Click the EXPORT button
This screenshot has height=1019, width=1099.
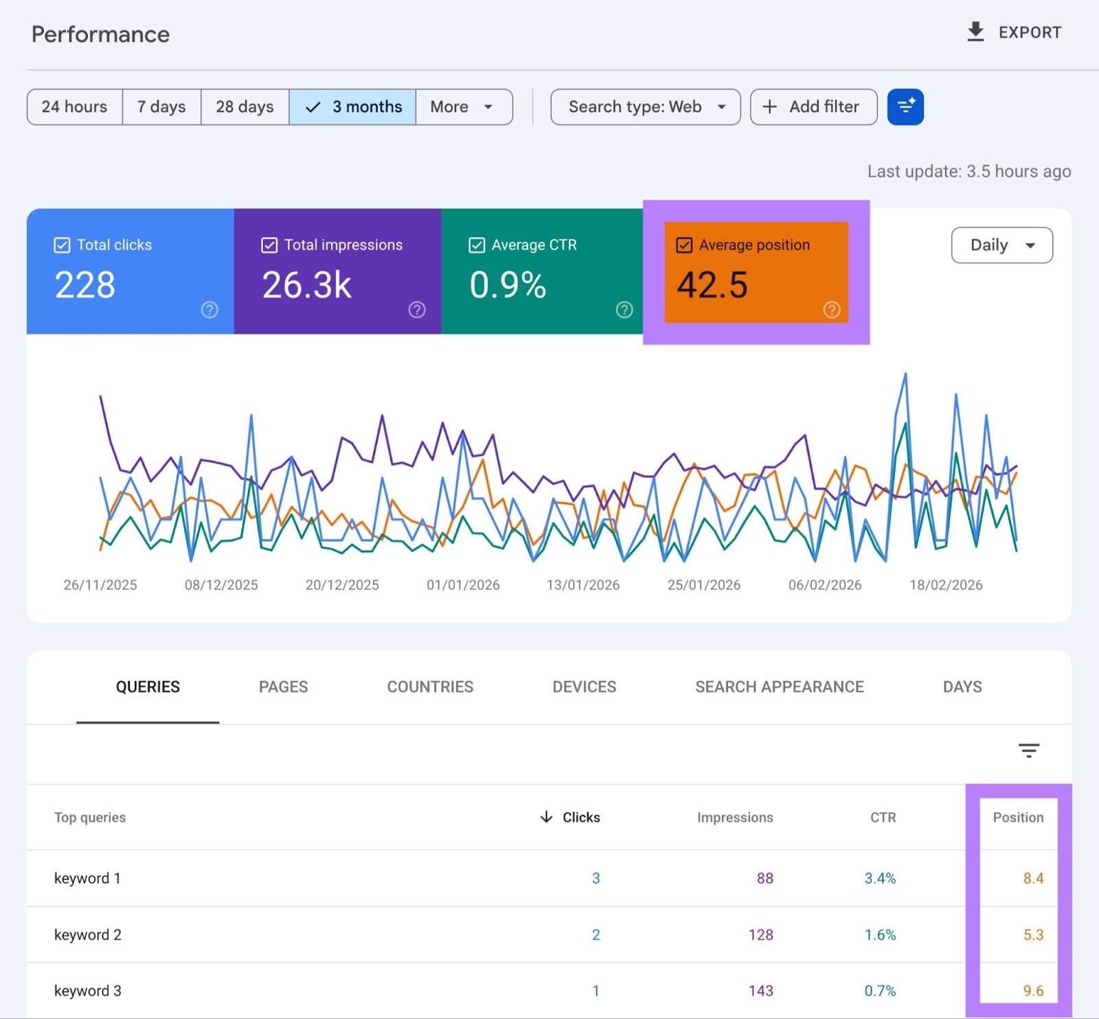pos(1014,32)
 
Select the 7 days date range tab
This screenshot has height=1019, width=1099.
pos(161,106)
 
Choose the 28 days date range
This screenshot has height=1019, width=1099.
pos(245,106)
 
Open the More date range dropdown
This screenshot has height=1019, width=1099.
pos(463,106)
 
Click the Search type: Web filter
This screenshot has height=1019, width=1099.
pos(645,106)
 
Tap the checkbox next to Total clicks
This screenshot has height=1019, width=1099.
pos(62,245)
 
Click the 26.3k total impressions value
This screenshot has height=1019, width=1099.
pos(307,285)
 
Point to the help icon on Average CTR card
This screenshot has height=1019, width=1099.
pos(624,310)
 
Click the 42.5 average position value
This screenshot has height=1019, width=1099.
pos(712,285)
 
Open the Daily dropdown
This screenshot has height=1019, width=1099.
pos(1001,245)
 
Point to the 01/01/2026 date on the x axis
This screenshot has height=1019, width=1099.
pos(463,585)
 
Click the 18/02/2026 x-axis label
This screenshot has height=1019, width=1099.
pos(946,585)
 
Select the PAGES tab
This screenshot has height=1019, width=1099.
pos(283,687)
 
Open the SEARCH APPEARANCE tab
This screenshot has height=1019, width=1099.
pos(779,687)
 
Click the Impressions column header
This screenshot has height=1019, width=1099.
pos(734,817)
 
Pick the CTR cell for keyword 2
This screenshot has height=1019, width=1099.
pos(880,935)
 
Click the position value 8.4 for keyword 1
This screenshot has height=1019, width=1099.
pos(1033,878)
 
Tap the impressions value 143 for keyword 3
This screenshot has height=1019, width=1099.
pos(760,991)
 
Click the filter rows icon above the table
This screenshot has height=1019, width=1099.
pos(1028,750)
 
